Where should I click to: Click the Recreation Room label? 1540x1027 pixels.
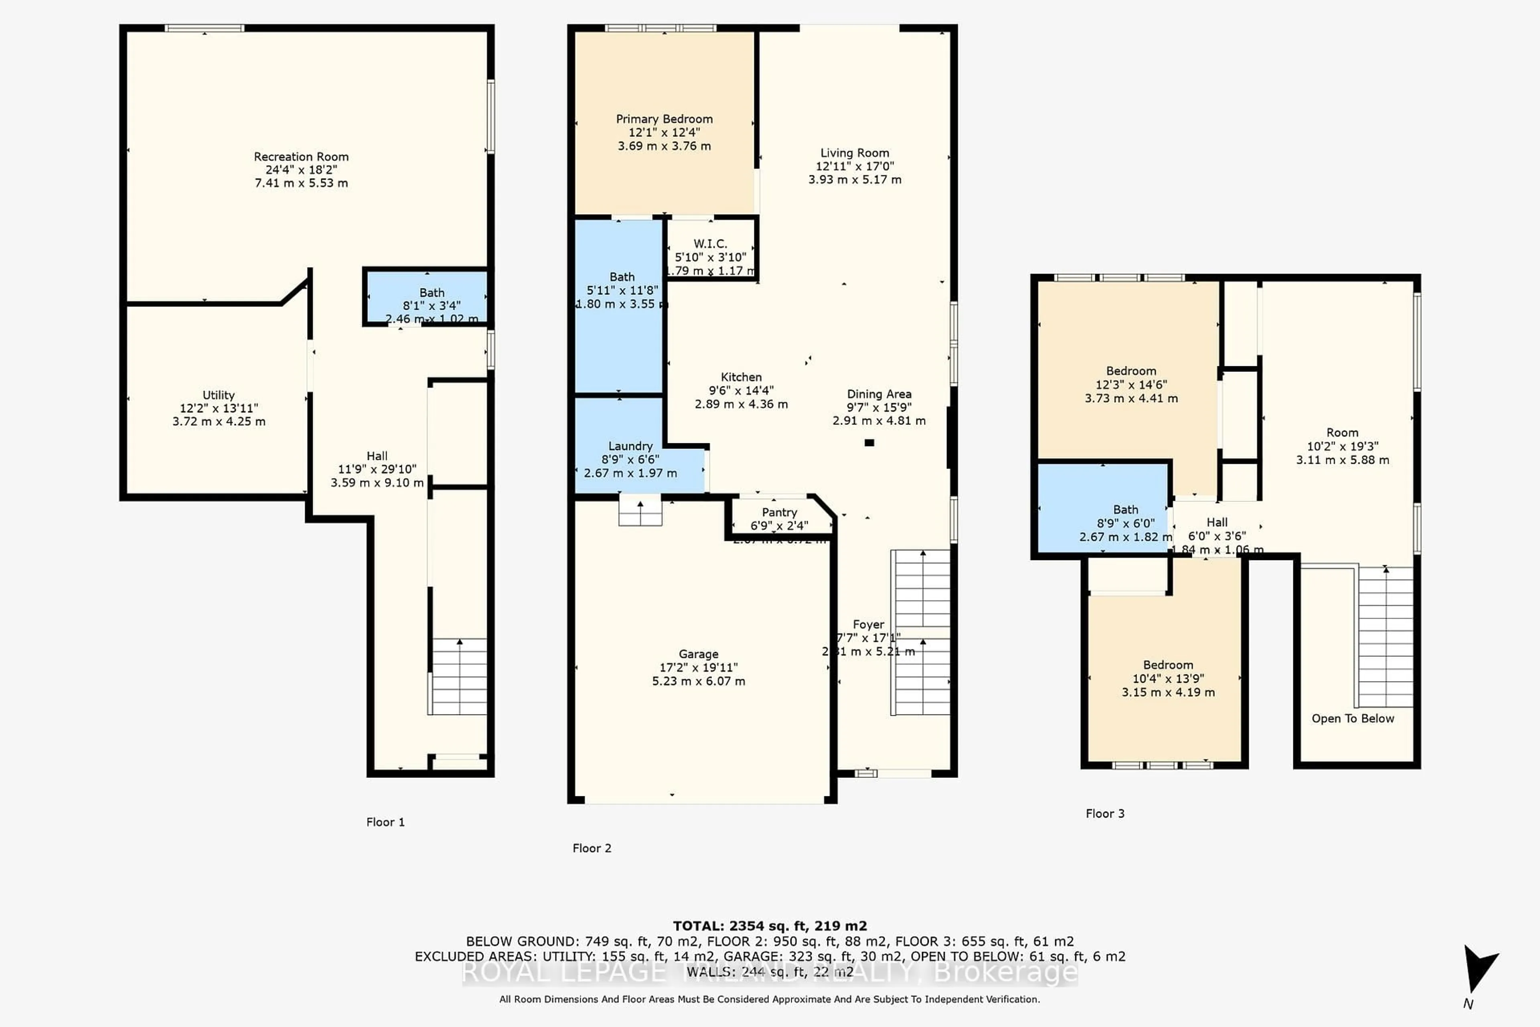301,156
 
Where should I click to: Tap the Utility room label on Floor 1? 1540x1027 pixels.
218,395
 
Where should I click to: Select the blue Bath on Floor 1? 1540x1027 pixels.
427,298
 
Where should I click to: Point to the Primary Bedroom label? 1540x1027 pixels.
664,119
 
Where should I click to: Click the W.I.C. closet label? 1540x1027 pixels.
710,244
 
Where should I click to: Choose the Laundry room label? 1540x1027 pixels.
630,446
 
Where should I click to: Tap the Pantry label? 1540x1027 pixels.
779,512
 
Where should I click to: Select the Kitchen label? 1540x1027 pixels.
741,377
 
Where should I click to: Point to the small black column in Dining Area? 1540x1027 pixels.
869,443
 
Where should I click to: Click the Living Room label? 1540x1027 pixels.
855,152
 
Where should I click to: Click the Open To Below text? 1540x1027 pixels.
1353,718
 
